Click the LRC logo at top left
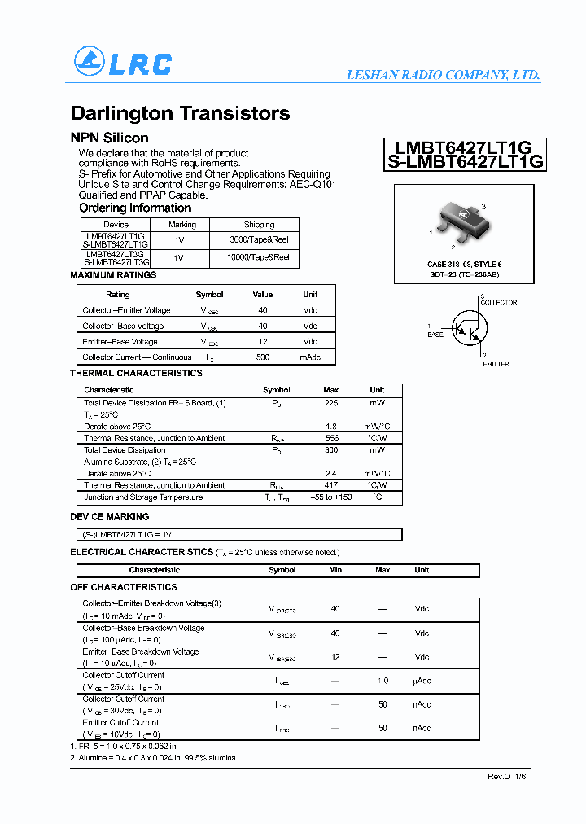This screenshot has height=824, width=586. [x=123, y=63]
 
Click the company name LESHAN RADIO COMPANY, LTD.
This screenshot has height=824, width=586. [x=443, y=75]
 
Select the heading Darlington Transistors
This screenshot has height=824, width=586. [x=180, y=113]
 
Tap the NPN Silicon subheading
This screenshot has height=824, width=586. [x=109, y=138]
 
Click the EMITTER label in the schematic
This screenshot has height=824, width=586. [x=496, y=364]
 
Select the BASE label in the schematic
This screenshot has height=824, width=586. [x=435, y=335]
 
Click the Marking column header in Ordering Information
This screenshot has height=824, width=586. [x=182, y=225]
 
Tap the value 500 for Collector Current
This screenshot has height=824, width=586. [x=262, y=357]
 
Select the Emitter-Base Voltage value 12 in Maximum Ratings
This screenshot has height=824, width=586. [x=262, y=342]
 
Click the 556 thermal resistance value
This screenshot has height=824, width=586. [x=331, y=438]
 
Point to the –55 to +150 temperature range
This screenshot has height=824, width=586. [x=331, y=497]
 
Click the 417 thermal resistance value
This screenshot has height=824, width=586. [x=331, y=485]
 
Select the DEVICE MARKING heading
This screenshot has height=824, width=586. [x=110, y=517]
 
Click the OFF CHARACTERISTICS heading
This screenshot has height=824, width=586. [x=124, y=587]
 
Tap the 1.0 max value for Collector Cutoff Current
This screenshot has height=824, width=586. [x=383, y=681]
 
